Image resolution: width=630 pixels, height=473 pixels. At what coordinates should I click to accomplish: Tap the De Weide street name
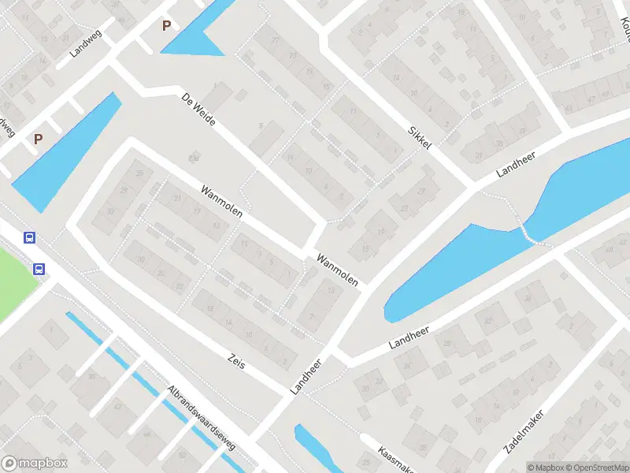[198, 110]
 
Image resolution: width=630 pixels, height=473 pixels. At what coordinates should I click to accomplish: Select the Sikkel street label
[421, 140]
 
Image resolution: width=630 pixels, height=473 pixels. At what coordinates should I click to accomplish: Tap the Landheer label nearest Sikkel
[515, 162]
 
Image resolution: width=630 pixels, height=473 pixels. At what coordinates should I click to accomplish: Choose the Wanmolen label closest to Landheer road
[337, 270]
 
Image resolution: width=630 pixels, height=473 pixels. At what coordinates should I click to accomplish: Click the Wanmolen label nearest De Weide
[221, 202]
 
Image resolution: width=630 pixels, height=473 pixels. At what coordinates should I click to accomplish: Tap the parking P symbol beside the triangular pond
[166, 26]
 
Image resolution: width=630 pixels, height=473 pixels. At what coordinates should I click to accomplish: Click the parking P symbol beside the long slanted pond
[38, 140]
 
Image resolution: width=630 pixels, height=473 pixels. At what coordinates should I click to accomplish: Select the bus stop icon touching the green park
[39, 269]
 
